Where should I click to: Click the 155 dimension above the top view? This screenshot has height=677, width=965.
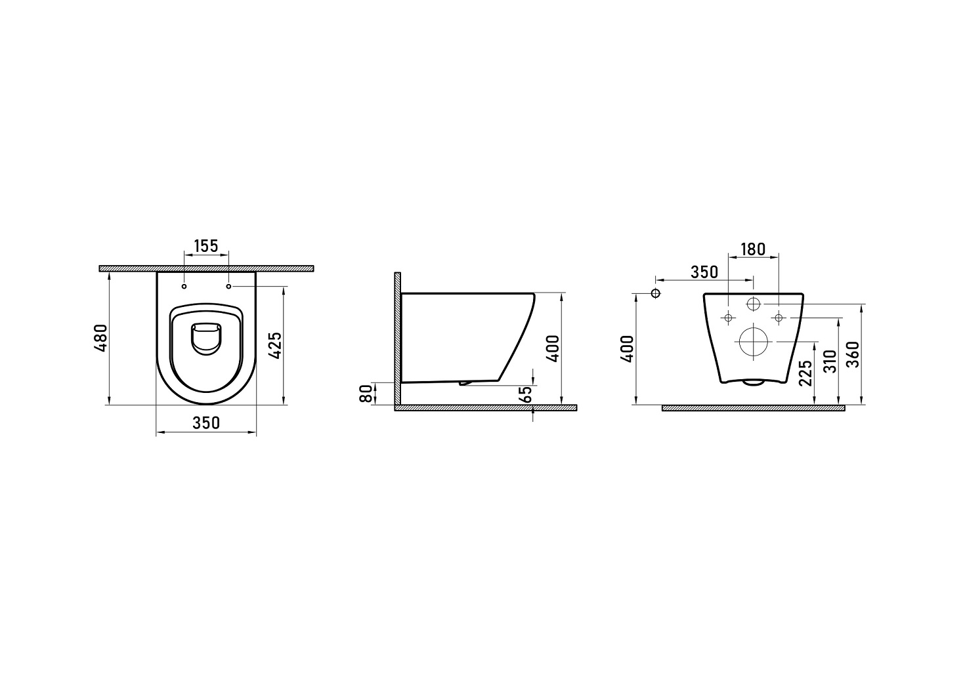tap(206, 246)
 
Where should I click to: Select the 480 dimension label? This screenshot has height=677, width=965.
tap(102, 338)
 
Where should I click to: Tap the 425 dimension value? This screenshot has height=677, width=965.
tap(276, 345)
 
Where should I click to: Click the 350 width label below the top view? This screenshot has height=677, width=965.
tap(206, 422)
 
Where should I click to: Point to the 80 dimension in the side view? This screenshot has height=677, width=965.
tap(366, 394)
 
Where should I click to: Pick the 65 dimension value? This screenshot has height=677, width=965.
tap(526, 394)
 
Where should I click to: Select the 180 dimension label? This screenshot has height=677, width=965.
tap(753, 249)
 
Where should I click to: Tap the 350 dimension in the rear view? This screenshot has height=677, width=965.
tap(704, 272)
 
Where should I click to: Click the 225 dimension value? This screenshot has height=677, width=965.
tap(805, 373)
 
